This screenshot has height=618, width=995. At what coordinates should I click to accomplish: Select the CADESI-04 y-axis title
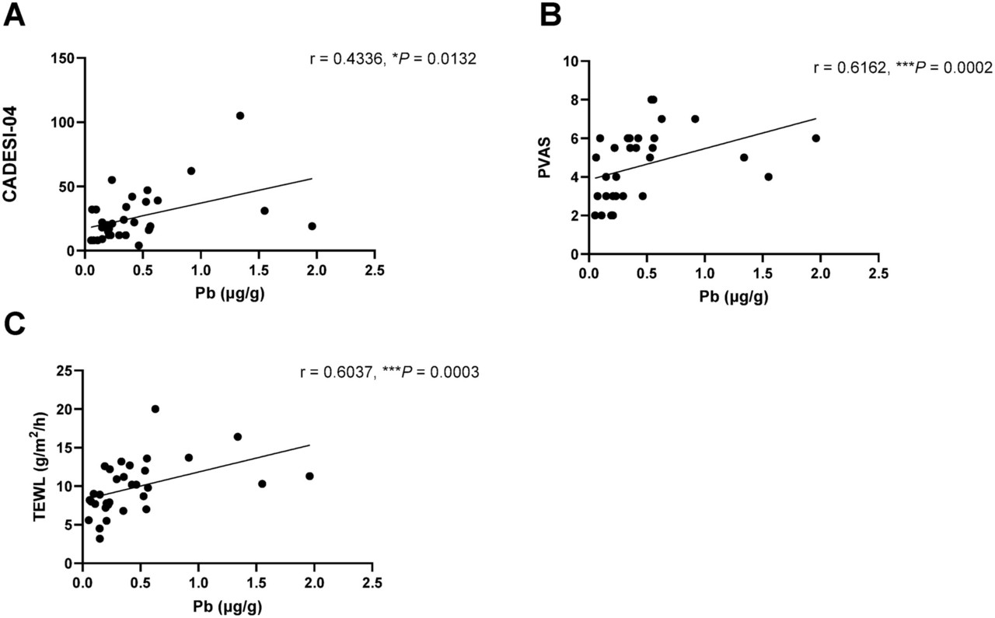(x=11, y=155)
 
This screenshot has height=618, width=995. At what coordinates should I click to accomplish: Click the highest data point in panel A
(x=240, y=116)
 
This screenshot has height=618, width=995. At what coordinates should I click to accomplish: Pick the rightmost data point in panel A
(x=312, y=226)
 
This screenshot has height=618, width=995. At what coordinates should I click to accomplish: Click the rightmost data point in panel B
(x=815, y=138)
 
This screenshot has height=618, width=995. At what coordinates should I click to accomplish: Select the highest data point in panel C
(x=155, y=409)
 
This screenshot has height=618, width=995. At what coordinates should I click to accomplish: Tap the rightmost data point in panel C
(x=309, y=476)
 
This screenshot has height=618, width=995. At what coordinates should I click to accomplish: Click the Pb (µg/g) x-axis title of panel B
(x=733, y=297)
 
